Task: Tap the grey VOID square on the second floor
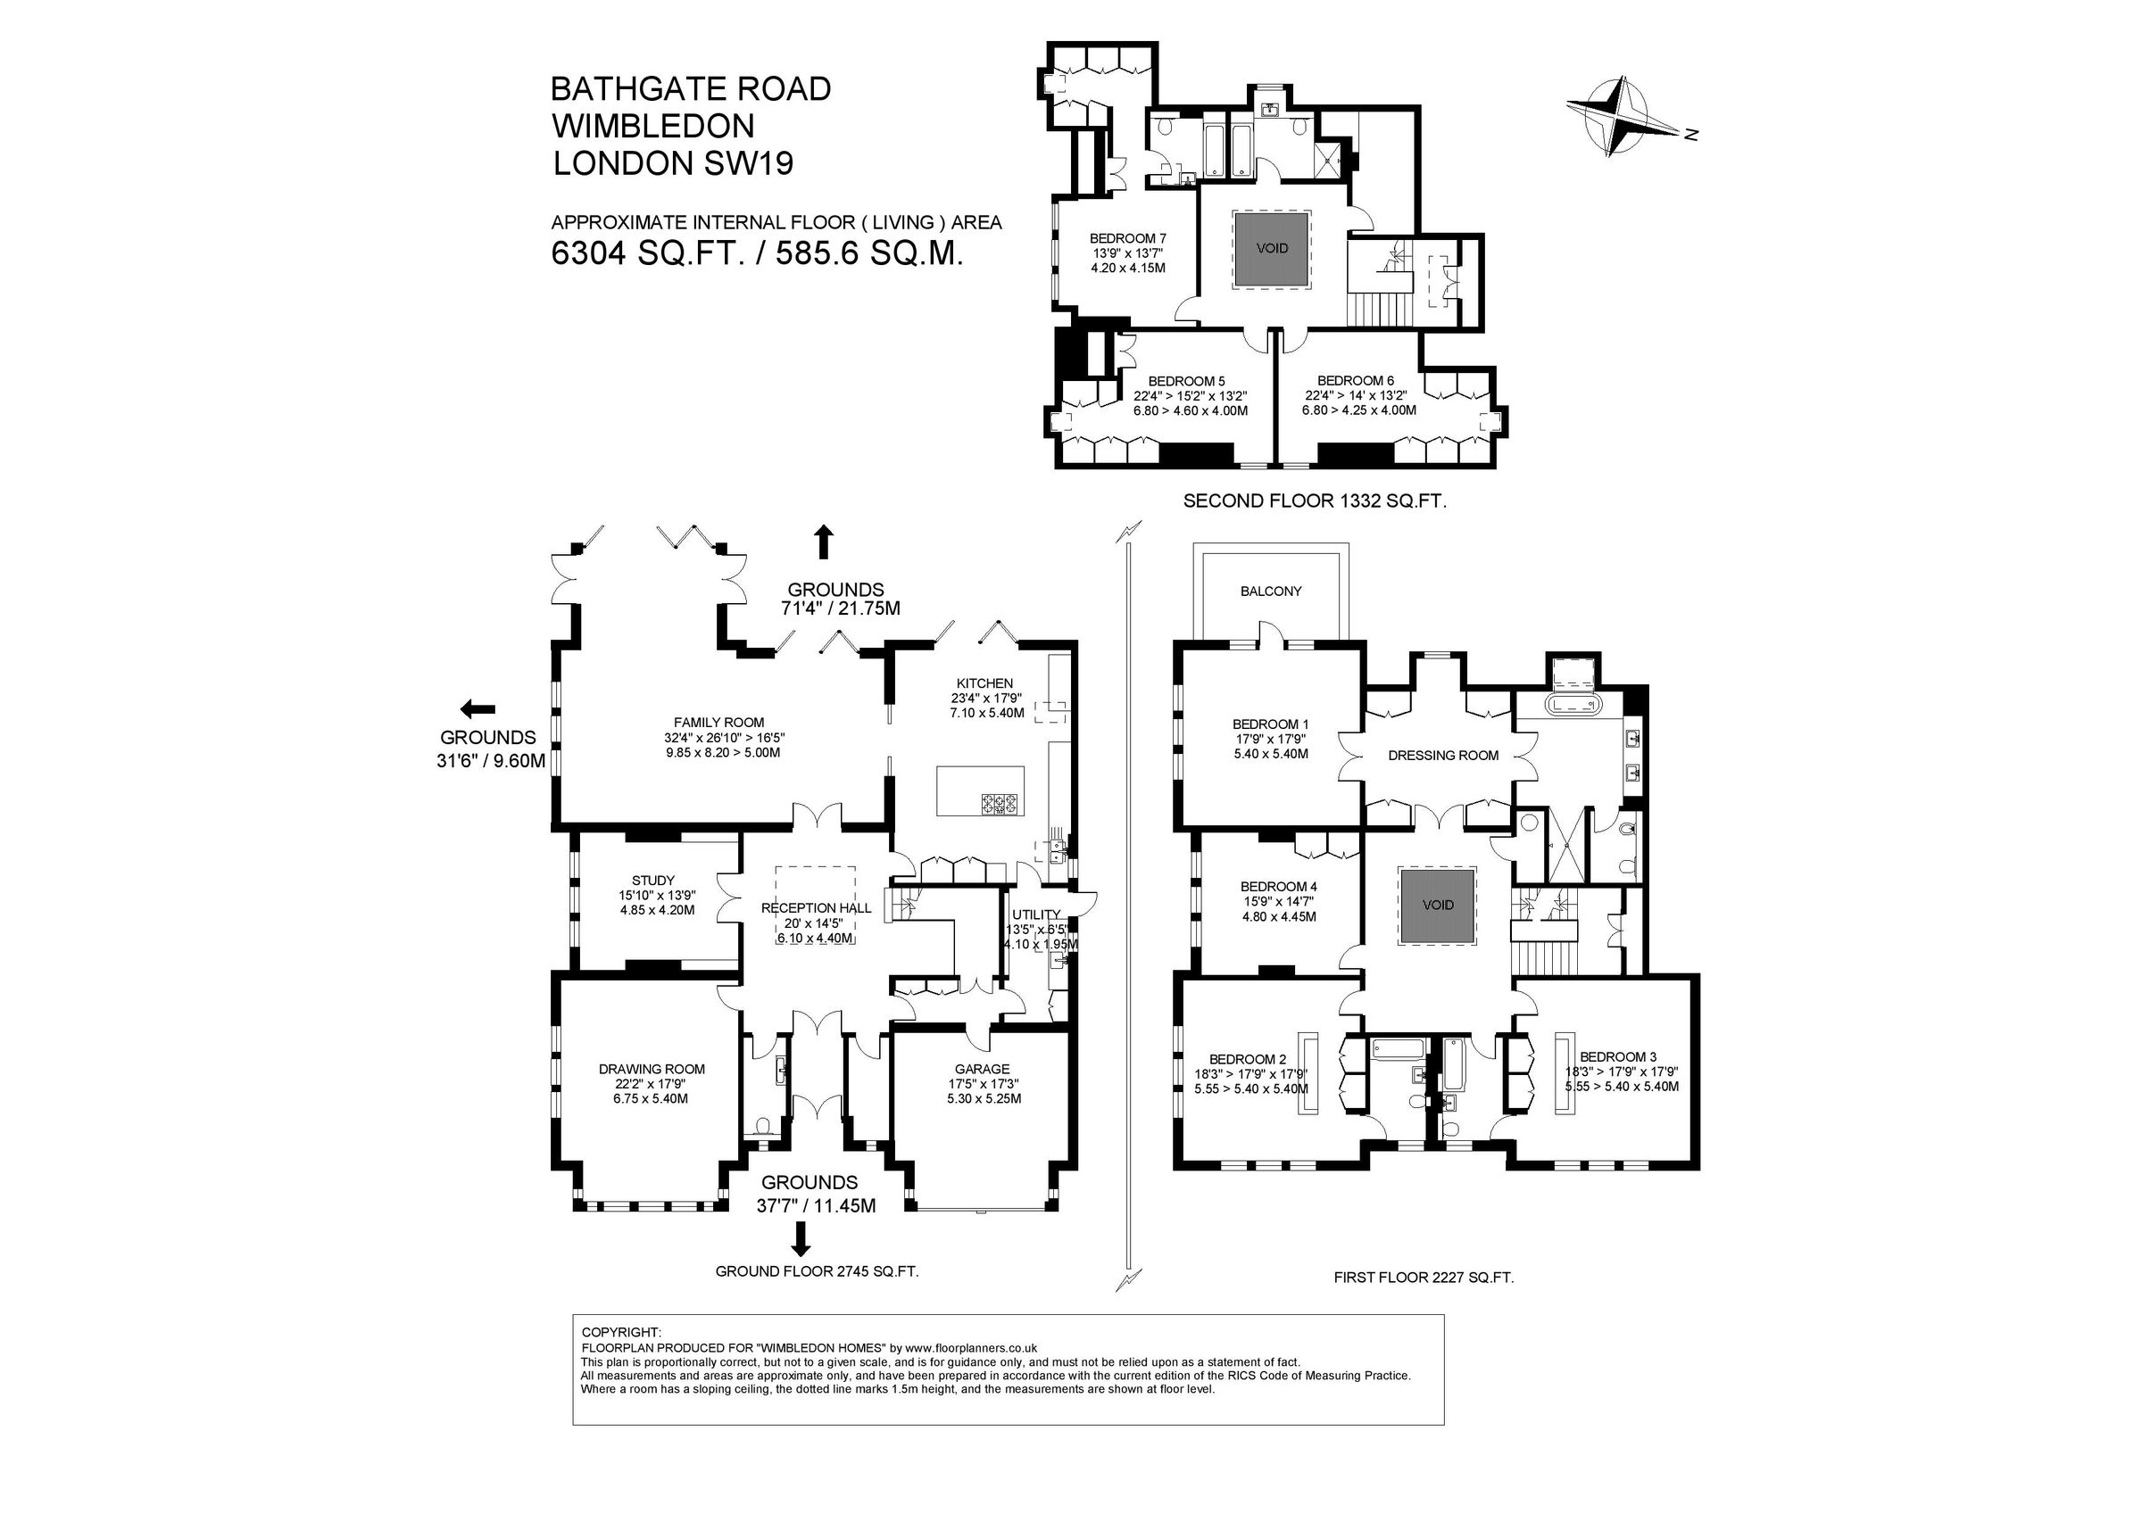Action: (x=1273, y=248)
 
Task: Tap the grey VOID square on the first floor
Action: (x=1438, y=905)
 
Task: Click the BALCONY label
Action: (x=1271, y=591)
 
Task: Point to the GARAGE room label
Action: (x=982, y=1069)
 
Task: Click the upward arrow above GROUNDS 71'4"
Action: (x=823, y=542)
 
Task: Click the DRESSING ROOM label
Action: (x=1442, y=756)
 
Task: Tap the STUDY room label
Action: (x=653, y=880)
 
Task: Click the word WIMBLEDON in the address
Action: (x=652, y=126)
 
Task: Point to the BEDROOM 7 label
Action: (x=1128, y=239)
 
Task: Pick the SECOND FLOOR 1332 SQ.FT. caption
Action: (x=1315, y=501)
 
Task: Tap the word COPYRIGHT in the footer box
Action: (x=620, y=1332)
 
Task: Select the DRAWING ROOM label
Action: (x=652, y=1069)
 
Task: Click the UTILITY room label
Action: (x=1035, y=914)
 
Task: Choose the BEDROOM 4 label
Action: (x=1278, y=886)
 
